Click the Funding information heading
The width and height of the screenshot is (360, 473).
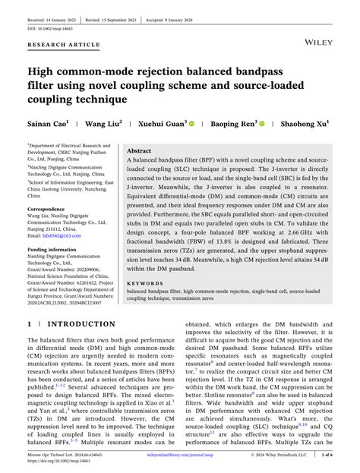coord(52,249)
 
